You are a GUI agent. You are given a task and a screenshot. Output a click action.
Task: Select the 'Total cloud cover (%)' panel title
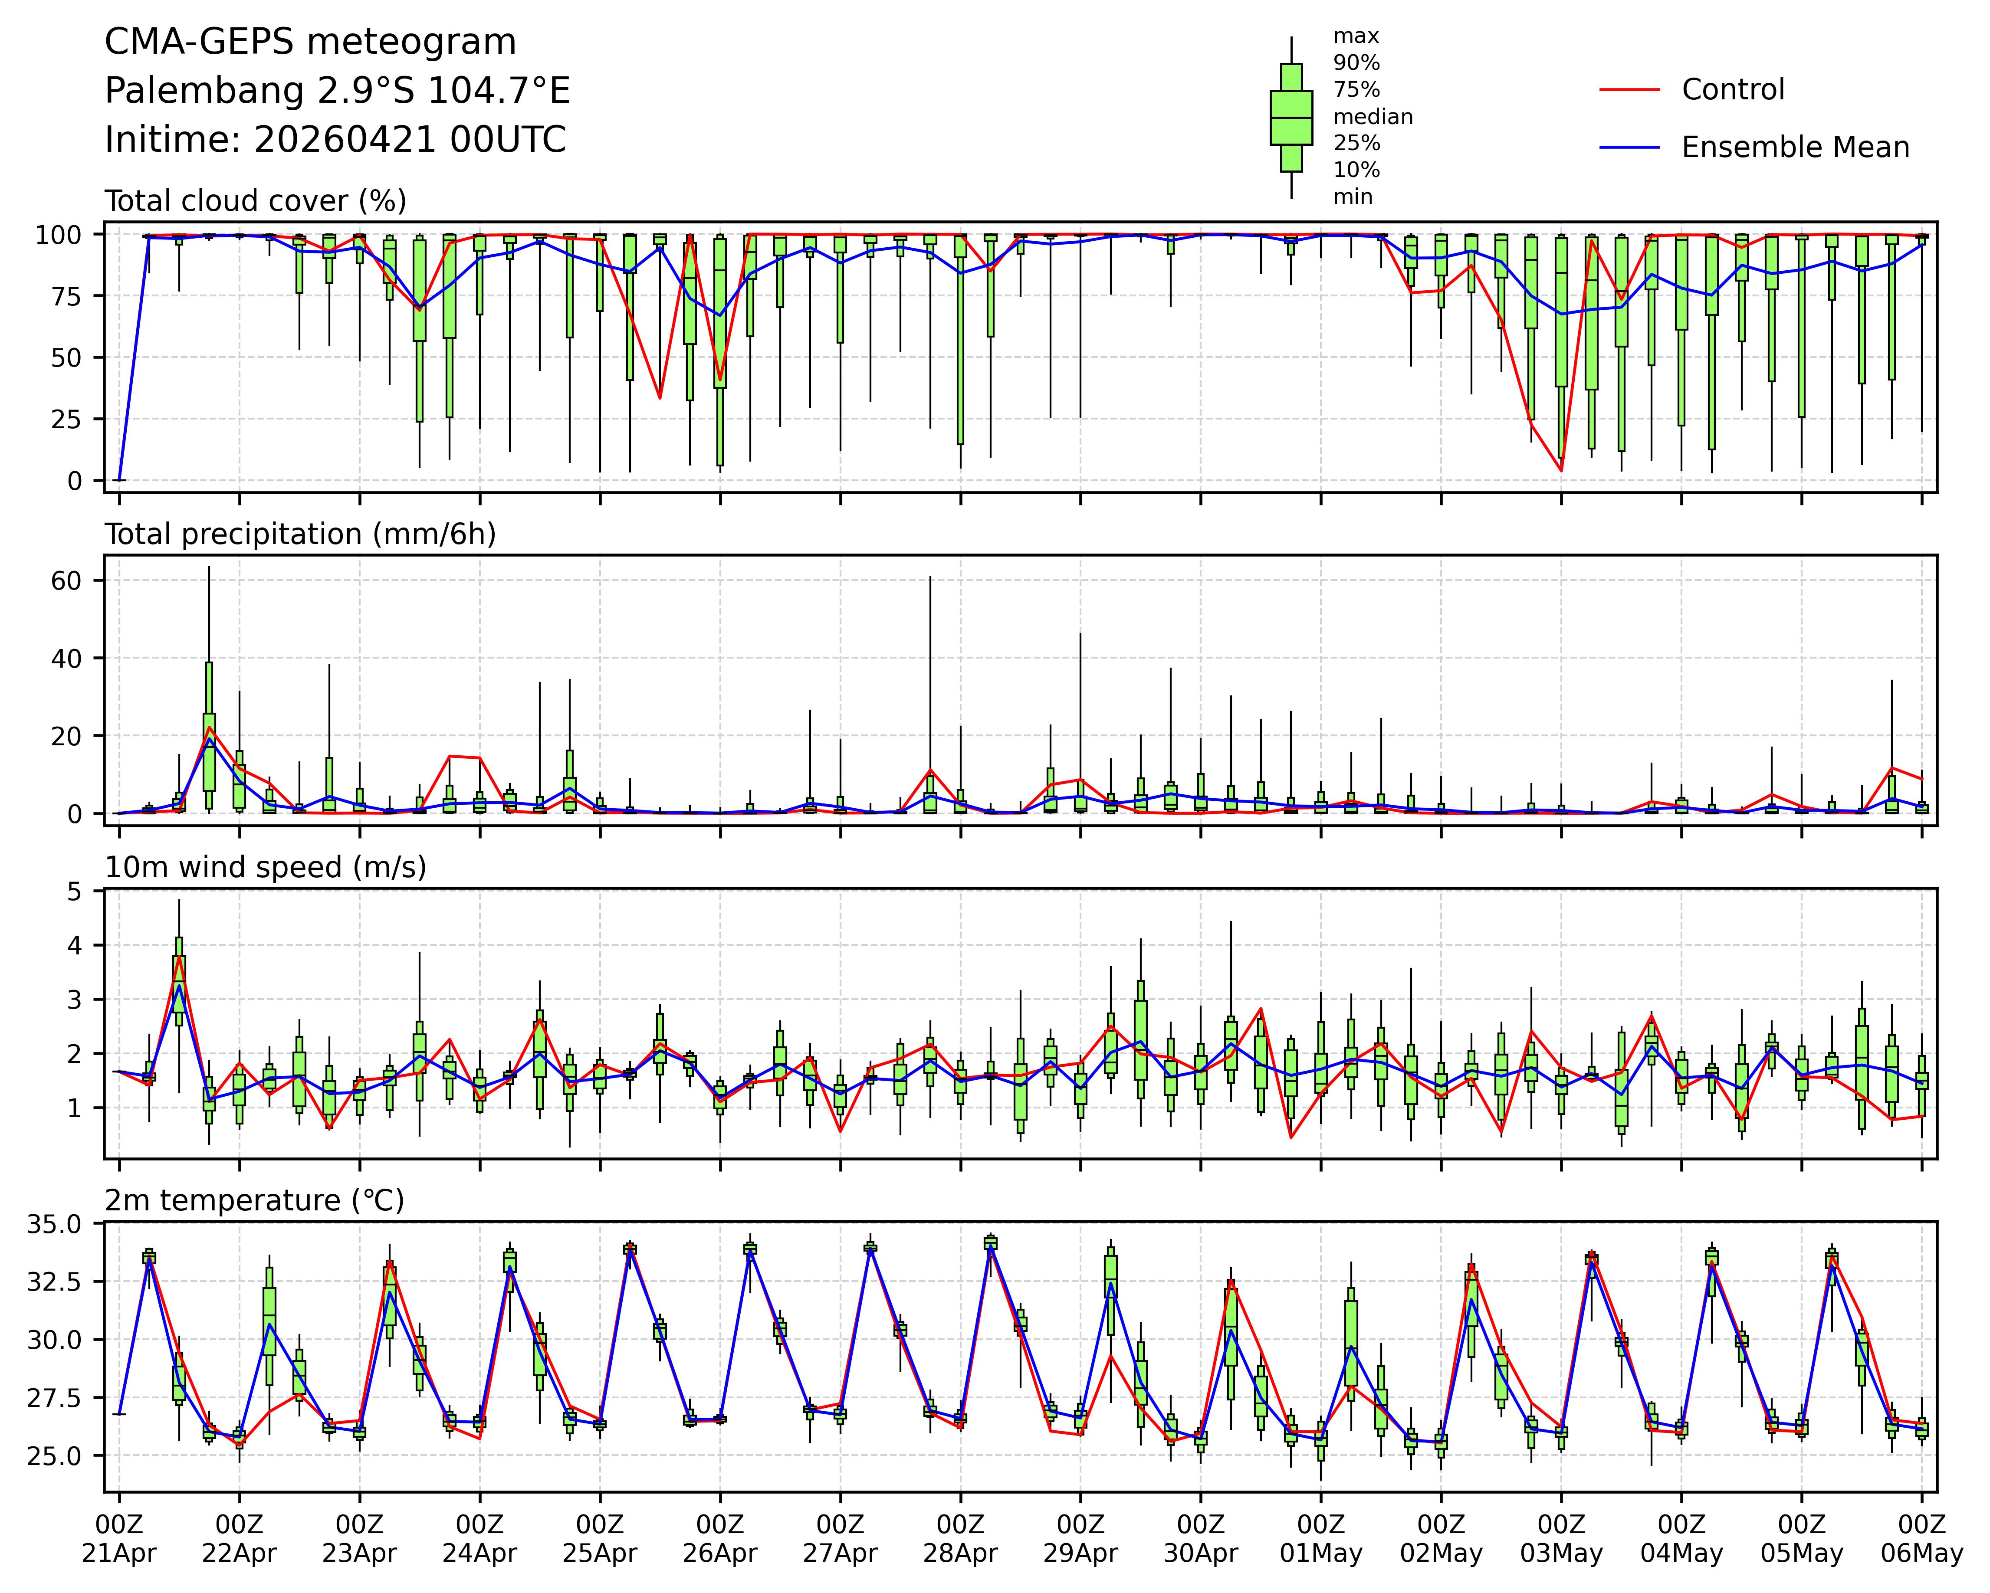[256, 201]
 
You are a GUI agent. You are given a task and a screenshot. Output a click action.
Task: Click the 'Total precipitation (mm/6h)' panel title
[300, 534]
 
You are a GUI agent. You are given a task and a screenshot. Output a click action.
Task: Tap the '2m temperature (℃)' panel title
[255, 1201]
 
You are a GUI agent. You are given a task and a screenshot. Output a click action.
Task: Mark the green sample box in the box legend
[1291, 117]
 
